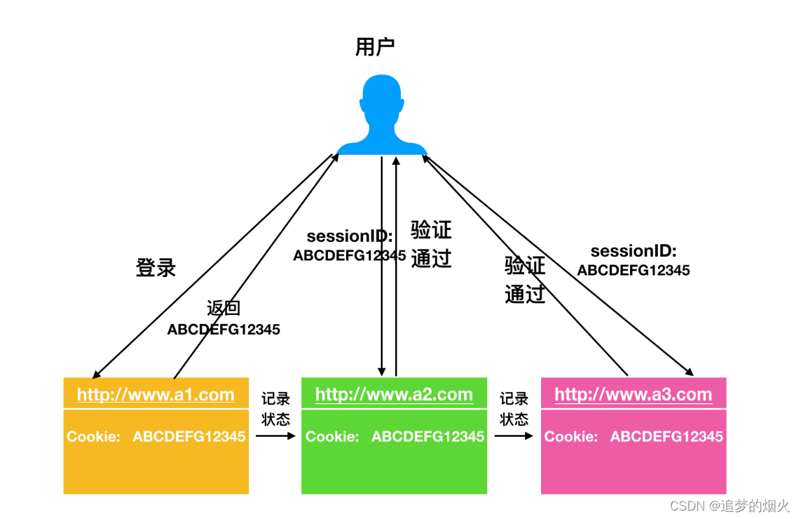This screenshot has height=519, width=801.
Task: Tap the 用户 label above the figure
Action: (x=375, y=48)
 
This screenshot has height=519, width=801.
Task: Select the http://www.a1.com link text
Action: (x=156, y=395)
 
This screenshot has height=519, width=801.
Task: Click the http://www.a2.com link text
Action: (x=394, y=395)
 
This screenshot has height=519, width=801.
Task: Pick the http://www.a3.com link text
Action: (x=633, y=395)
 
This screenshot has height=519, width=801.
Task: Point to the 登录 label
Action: (x=156, y=267)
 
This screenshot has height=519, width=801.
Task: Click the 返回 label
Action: (x=224, y=309)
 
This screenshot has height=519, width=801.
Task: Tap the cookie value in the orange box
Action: (x=189, y=437)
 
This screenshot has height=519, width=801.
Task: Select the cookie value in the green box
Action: (x=427, y=437)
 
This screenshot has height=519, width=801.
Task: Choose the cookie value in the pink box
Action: (x=666, y=437)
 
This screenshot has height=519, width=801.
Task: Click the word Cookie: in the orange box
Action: (x=94, y=437)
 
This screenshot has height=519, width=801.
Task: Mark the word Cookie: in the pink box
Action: (x=571, y=437)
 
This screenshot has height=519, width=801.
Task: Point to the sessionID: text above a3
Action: (x=634, y=251)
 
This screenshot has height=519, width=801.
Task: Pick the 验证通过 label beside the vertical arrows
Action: (x=431, y=244)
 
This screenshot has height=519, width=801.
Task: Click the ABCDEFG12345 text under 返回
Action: (x=224, y=330)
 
